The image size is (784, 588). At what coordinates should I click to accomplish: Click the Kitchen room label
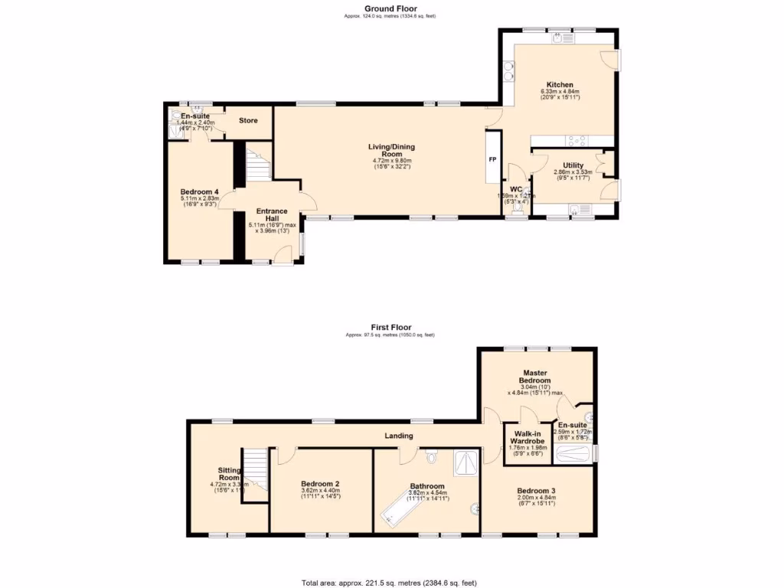coord(560,85)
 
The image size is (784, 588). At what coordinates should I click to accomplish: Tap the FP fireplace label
coord(493,160)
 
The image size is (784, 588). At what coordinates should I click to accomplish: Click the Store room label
coord(248,121)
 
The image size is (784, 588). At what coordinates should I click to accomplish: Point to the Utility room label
coord(573,165)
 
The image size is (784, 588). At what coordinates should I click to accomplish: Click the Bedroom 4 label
coord(198,191)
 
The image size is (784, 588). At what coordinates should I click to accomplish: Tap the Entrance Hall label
coord(272,214)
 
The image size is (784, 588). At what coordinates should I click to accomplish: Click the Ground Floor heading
coord(391,9)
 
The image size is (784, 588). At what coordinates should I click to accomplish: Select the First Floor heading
coord(391,328)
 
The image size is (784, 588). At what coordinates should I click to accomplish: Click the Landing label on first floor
coord(399,436)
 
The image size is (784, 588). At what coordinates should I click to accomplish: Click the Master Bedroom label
coord(534,377)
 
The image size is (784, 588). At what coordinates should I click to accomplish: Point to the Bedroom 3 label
coord(535,491)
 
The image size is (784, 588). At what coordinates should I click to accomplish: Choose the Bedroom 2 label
coord(320,484)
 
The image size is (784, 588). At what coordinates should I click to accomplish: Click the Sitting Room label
coord(230,474)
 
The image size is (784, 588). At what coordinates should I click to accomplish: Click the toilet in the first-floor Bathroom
coord(432,458)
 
